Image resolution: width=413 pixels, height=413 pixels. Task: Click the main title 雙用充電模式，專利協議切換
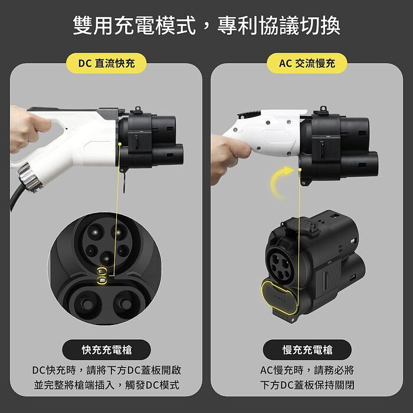click(206, 26)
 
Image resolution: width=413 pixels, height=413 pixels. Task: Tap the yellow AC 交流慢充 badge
click(307, 63)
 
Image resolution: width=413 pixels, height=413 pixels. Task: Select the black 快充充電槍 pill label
click(106, 350)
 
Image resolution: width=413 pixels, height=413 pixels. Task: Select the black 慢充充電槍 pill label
click(307, 350)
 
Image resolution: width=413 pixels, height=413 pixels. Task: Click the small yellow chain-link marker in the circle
click(104, 275)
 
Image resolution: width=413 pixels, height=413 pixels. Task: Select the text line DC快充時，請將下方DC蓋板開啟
click(106, 371)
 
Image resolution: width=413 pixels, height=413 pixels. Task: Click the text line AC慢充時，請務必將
click(307, 371)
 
